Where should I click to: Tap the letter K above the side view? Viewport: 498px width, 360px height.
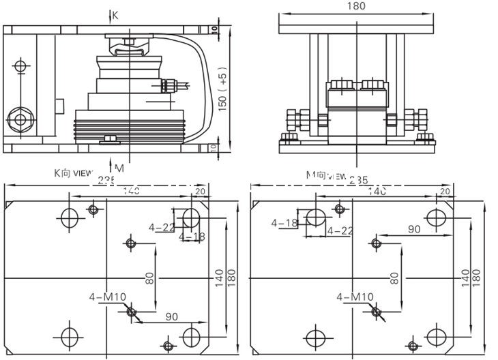115,15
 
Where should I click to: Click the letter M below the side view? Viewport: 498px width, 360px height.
119,168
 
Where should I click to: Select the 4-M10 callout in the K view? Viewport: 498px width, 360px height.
107,297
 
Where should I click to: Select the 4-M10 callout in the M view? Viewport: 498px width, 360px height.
355,297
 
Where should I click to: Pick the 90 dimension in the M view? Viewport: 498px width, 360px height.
414,230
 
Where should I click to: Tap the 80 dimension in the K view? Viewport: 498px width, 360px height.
150,277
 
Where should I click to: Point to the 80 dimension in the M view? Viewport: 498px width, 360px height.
394,277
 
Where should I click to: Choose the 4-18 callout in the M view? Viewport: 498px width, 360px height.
284,223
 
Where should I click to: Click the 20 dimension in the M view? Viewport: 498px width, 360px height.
445,192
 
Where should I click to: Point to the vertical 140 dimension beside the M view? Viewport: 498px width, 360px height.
465,276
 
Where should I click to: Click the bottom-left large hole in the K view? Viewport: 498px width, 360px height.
70,336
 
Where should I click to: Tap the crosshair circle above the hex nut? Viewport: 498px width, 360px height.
20,67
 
